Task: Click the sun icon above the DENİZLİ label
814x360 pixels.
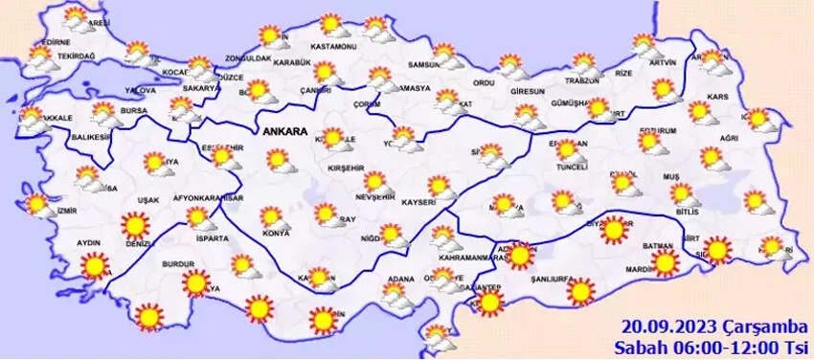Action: click(134, 226)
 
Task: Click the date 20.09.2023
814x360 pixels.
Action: click(661, 326)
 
